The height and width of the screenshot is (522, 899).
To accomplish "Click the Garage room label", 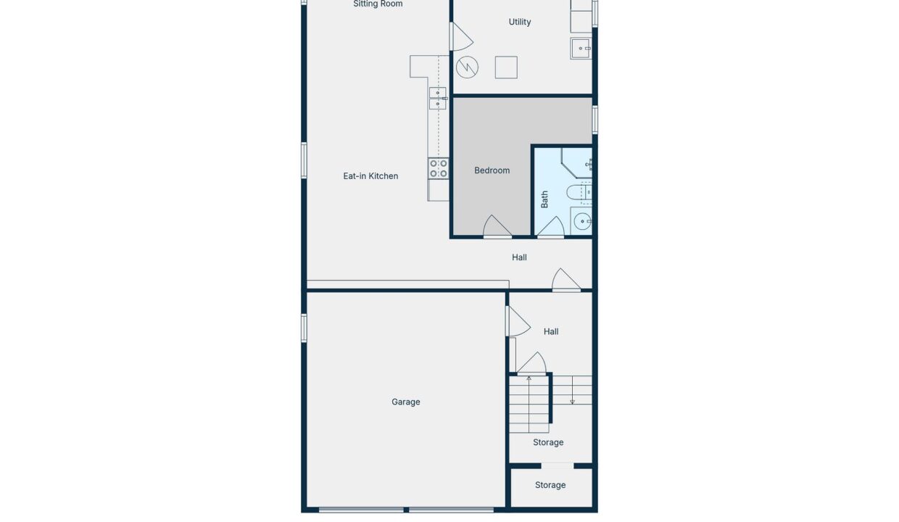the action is pyautogui.click(x=406, y=402).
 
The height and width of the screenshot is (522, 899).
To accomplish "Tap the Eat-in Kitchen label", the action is pyautogui.click(x=370, y=175).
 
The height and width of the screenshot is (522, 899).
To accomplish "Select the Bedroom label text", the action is pyautogui.click(x=492, y=170).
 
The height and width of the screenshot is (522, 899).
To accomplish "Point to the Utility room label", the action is pyautogui.click(x=520, y=22).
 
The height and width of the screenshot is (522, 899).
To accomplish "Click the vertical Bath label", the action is pyautogui.click(x=544, y=199).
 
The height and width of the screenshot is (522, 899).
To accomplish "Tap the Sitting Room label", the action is pyautogui.click(x=378, y=4).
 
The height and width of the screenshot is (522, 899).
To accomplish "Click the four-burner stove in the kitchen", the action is pyautogui.click(x=438, y=168).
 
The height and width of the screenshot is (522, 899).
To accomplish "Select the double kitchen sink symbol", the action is pyautogui.click(x=438, y=99).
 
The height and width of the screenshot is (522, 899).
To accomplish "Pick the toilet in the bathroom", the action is pyautogui.click(x=579, y=192).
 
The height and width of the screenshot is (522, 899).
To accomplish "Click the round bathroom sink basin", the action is pyautogui.click(x=582, y=221).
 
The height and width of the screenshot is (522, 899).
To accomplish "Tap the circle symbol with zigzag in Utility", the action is pyautogui.click(x=467, y=67).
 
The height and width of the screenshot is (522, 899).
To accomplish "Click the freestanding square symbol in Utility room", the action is pyautogui.click(x=506, y=67).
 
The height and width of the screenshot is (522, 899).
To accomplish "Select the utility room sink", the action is pyautogui.click(x=581, y=49).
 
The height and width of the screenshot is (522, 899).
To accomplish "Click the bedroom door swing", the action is pyautogui.click(x=497, y=227).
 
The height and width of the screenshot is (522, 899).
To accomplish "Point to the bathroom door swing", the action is pyautogui.click(x=551, y=227).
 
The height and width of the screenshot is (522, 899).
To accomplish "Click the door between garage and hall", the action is pyautogui.click(x=518, y=321).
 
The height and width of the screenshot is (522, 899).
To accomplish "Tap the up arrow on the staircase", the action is pyautogui.click(x=529, y=404).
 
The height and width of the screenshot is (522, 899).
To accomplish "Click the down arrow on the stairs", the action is pyautogui.click(x=572, y=390).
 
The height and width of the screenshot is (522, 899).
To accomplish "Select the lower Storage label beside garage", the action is pyautogui.click(x=550, y=485).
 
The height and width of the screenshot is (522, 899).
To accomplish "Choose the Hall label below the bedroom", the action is pyautogui.click(x=519, y=257).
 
